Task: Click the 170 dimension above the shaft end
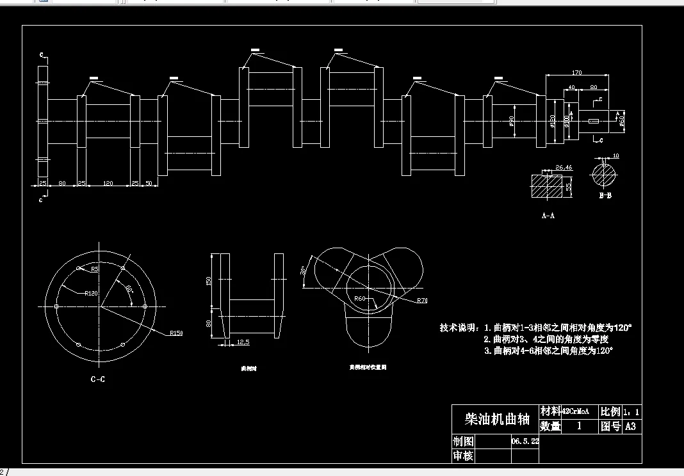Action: click(577, 72)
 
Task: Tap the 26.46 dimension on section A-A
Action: click(564, 168)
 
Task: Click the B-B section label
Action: click(605, 196)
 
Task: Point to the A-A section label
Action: click(548, 216)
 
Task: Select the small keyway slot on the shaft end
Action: click(593, 121)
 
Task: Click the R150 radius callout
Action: click(176, 333)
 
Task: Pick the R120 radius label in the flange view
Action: click(91, 294)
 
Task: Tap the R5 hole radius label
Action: click(95, 269)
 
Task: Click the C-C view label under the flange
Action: click(97, 379)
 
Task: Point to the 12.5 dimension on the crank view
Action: click(243, 342)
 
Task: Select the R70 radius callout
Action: click(421, 300)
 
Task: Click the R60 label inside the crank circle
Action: click(359, 299)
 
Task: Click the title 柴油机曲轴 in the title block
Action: click(496, 420)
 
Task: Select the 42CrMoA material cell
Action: click(574, 411)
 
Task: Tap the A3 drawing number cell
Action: click(630, 426)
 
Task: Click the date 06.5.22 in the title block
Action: click(525, 441)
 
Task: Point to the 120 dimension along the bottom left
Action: click(108, 184)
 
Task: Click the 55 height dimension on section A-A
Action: click(568, 187)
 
